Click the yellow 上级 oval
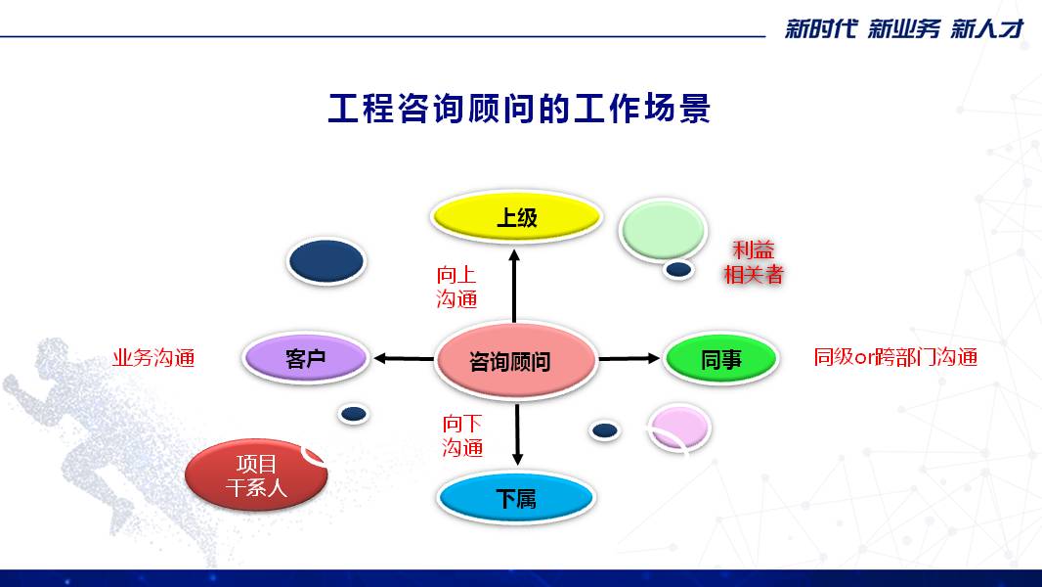[x=516, y=217]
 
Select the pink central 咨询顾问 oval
[x=516, y=360]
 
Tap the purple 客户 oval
[x=306, y=358]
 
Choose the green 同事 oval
[x=721, y=359]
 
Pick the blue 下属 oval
[x=516, y=499]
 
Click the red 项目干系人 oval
[x=256, y=474]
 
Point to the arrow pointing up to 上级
[x=514, y=286]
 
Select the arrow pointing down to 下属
[x=518, y=434]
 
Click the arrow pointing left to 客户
[x=404, y=359]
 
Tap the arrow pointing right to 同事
[x=629, y=359]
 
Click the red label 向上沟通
[x=456, y=287]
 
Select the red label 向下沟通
[x=462, y=435]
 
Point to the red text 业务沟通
[x=153, y=358]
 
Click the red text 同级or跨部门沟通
[x=895, y=358]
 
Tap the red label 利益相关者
[x=754, y=262]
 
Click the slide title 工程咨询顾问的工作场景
[x=520, y=109]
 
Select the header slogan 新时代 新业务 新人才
[x=905, y=28]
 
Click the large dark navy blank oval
[x=326, y=261]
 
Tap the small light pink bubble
[x=678, y=428]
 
